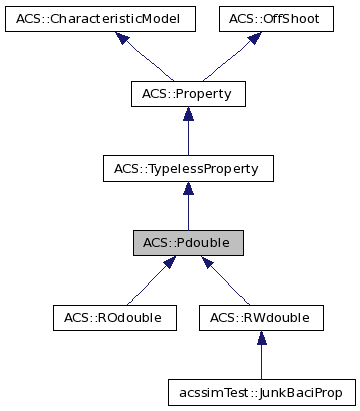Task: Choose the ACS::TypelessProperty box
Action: click(188, 168)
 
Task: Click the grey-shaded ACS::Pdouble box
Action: click(188, 243)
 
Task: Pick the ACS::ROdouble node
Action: click(115, 318)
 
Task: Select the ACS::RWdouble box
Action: click(260, 318)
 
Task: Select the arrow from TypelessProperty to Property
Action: click(188, 131)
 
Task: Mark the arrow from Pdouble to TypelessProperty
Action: click(188, 206)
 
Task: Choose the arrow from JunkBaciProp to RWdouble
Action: click(260, 356)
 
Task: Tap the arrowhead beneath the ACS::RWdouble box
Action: click(260, 338)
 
